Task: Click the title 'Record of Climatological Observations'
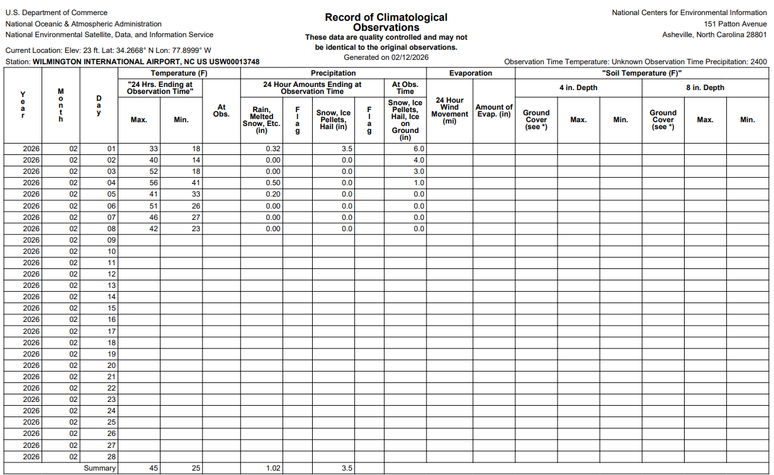386,22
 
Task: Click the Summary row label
100,468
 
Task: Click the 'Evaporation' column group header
470,73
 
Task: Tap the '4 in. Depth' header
578,88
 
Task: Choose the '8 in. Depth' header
705,88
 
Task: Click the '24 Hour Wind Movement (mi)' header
449,110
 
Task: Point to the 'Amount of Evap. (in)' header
494,110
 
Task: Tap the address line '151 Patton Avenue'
736,24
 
